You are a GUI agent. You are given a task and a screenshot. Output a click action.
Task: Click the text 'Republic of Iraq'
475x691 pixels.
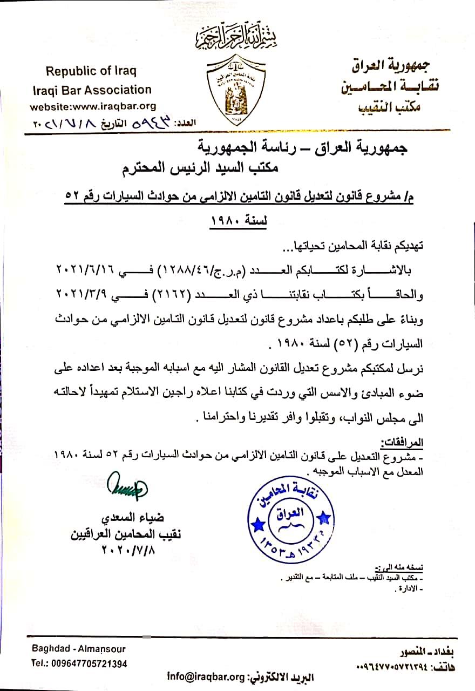coord(91,71)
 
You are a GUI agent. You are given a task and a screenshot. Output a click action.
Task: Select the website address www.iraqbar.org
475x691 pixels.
coord(93,106)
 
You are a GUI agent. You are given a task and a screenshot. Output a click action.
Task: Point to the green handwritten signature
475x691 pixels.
coord(125,485)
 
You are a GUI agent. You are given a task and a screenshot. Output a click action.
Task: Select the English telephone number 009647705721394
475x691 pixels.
coord(79,663)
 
